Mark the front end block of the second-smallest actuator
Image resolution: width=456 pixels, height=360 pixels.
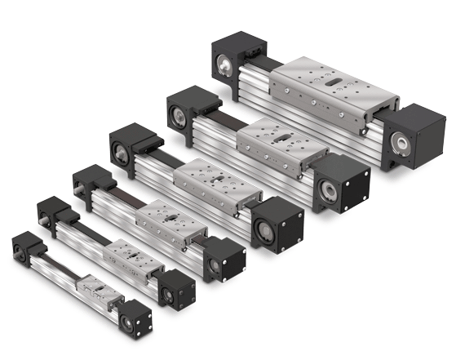(176, 286)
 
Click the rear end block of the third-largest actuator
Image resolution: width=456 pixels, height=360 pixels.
(131, 144)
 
